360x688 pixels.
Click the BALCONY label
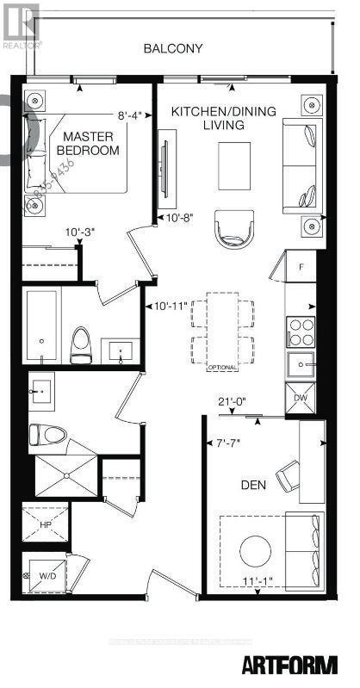[x=174, y=48]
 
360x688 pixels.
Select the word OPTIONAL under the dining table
[x=221, y=368]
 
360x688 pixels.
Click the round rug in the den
[x=256, y=550]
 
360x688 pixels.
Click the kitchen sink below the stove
[x=302, y=364]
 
